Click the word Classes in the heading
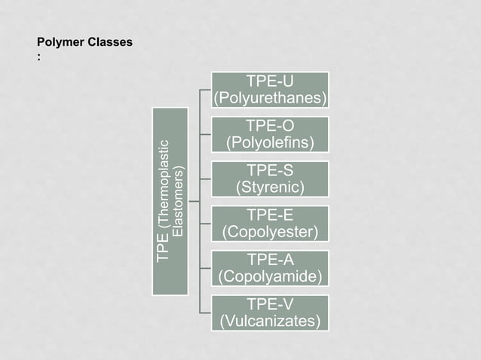110,42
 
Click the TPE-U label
270,81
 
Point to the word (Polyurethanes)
270,99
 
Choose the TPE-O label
270,126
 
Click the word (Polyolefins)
270,143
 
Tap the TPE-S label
270,170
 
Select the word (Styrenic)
270,187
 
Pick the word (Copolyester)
270,231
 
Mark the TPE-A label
270,259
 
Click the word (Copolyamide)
270,276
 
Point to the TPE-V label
270,304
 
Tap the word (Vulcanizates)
270,322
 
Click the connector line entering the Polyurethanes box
206,90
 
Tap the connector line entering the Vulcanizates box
206,312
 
